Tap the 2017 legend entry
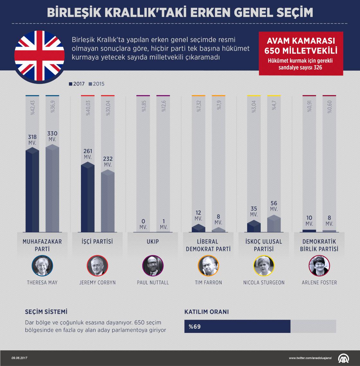(x=77, y=84)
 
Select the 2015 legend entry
(x=97, y=84)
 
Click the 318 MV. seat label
(x=32, y=139)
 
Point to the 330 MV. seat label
(x=52, y=136)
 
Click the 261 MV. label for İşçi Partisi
(x=88, y=154)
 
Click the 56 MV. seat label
(x=274, y=206)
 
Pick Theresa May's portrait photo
(x=42, y=266)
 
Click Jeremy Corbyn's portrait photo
(x=97, y=266)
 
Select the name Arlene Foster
(x=319, y=283)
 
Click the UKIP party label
(x=152, y=242)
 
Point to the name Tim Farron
(x=208, y=283)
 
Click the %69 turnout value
(x=195, y=326)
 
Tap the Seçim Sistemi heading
(x=46, y=312)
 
